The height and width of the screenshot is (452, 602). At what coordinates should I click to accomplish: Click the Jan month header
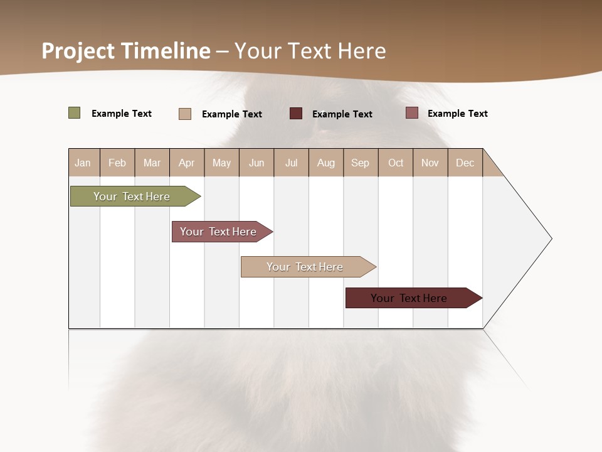coord(83,163)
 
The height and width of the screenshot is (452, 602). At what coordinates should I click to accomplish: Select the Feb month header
coord(117,163)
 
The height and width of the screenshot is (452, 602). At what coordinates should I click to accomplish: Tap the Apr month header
coord(186,163)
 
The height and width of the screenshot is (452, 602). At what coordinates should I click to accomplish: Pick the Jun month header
coord(256,163)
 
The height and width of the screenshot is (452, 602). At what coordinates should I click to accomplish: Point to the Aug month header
coord(325,163)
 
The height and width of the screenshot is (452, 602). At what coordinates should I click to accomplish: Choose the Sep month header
coord(360,163)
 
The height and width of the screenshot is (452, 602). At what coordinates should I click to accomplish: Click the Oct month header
coord(396,163)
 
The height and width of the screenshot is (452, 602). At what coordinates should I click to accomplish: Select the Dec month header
coord(465,163)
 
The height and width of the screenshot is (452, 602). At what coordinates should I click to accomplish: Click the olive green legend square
coord(75,113)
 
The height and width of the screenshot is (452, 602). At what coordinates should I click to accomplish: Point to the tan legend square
coord(185,114)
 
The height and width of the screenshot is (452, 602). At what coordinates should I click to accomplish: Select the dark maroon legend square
coord(296,114)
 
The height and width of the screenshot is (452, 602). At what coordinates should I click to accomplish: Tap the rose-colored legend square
coord(412,113)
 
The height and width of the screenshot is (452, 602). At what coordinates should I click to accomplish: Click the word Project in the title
coord(78,51)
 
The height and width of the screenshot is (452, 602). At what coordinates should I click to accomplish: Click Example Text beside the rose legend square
coord(457,114)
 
